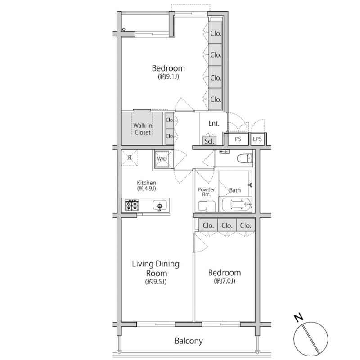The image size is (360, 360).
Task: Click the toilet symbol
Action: tap(245, 158)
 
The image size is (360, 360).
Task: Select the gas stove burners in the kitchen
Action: tap(132, 205)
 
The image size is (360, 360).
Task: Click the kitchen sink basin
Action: tap(160, 206)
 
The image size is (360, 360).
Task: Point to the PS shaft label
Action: tap(238, 139)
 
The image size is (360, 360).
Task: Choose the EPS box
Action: tap(257, 139)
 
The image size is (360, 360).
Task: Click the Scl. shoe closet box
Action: tap(209, 141)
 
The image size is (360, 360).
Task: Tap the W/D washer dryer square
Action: tap(162, 159)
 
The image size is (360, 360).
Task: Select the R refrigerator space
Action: tap(130, 157)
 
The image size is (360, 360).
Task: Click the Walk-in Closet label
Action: tap(143, 129)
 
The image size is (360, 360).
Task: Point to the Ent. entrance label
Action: tap(214, 123)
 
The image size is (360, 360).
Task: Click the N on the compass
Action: tap(299, 318)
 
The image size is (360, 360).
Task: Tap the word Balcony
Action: tap(189, 341)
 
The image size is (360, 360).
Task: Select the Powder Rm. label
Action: tap(207, 192)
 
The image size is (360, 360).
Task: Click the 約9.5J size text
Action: tap(156, 282)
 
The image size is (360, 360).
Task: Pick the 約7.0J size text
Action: tap(225, 281)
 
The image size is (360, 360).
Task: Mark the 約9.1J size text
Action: tap(168, 76)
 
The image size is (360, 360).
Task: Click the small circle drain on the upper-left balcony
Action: tap(124, 29)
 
